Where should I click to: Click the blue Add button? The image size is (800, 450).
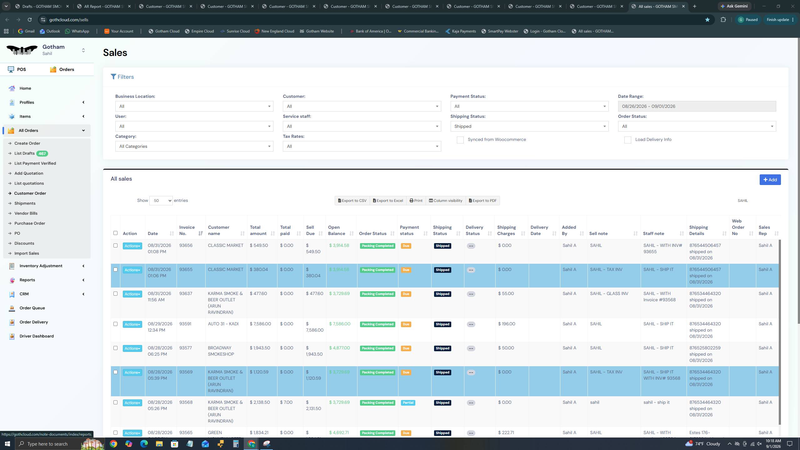(770, 180)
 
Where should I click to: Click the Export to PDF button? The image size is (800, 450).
(482, 201)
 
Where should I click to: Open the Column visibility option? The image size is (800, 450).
(445, 201)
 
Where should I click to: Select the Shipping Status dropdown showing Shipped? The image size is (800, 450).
(529, 126)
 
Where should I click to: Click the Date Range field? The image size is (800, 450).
(697, 106)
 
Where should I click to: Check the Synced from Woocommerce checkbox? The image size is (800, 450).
(460, 140)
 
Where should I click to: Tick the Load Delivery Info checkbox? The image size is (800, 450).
(627, 140)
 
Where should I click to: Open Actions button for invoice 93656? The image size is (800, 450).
(132, 246)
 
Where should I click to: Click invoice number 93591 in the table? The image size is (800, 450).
(185, 324)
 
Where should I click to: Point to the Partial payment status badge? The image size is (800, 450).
(408, 402)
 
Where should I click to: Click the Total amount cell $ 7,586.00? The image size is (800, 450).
(260, 324)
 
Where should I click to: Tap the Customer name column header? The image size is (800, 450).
(218, 230)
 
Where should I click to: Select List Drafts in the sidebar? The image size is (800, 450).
(24, 153)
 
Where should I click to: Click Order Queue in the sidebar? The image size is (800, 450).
(32, 308)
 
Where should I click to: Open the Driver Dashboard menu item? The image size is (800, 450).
(37, 336)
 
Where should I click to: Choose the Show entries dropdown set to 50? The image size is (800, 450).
(161, 201)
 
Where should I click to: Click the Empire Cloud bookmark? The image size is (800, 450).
(199, 31)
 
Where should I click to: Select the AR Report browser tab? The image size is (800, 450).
(104, 6)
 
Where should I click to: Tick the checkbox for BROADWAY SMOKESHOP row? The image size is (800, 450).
(115, 348)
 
